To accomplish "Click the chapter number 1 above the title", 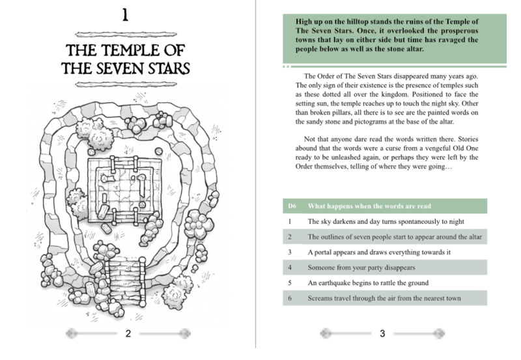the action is (x=125, y=15).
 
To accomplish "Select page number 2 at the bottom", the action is (x=128, y=333).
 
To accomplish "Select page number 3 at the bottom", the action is (x=382, y=333).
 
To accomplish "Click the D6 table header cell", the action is (x=292, y=206).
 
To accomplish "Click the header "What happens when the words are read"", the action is (x=369, y=206).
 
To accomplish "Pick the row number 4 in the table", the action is (x=290, y=268).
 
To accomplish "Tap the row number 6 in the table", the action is (x=290, y=298).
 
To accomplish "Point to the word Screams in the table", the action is (x=320, y=298).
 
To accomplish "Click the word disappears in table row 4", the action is (x=400, y=268).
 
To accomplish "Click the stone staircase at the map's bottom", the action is (x=126, y=283).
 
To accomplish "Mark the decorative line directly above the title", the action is (x=126, y=34).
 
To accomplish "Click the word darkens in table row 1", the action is (x=345, y=221).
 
